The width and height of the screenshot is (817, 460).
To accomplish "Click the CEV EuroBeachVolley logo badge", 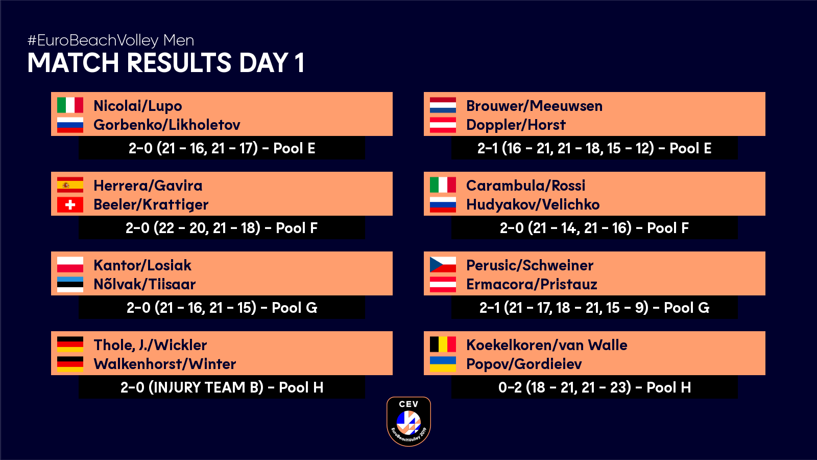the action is click(x=408, y=421).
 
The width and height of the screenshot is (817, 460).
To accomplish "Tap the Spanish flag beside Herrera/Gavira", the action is click(x=70, y=185).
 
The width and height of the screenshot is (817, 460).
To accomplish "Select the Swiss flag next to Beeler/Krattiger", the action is click(x=70, y=205).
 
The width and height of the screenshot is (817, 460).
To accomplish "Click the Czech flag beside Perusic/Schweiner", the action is click(x=443, y=265).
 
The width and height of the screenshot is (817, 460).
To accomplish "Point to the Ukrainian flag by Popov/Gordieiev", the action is click(x=443, y=364).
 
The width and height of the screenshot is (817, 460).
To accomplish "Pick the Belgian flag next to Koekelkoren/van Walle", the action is click(x=443, y=344).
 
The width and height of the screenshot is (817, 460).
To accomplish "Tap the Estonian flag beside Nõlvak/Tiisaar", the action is click(x=70, y=284).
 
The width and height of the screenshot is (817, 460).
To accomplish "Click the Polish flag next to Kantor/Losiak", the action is click(x=70, y=265).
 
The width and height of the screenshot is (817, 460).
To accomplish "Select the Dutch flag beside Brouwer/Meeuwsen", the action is click(x=443, y=105).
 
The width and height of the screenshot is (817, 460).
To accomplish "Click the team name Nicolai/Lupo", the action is click(x=138, y=106).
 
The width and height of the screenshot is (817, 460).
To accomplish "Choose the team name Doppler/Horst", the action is click(x=516, y=125).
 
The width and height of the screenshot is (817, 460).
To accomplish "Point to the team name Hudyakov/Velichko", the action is click(x=533, y=204).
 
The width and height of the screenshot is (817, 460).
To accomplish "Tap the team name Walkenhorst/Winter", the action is click(x=165, y=364).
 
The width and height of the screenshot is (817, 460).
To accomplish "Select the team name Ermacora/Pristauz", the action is click(x=532, y=284).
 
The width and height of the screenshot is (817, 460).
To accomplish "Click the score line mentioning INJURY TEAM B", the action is click(x=222, y=387).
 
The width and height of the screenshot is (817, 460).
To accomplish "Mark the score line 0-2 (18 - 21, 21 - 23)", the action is click(x=594, y=387).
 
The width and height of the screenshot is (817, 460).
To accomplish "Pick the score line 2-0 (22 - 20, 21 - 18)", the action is click(x=222, y=228).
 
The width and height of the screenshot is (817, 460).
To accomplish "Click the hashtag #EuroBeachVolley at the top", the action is click(x=93, y=40).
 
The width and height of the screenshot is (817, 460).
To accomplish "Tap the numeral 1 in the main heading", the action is click(x=299, y=62).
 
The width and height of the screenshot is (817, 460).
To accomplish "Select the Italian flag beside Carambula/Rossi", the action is click(x=443, y=185).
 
